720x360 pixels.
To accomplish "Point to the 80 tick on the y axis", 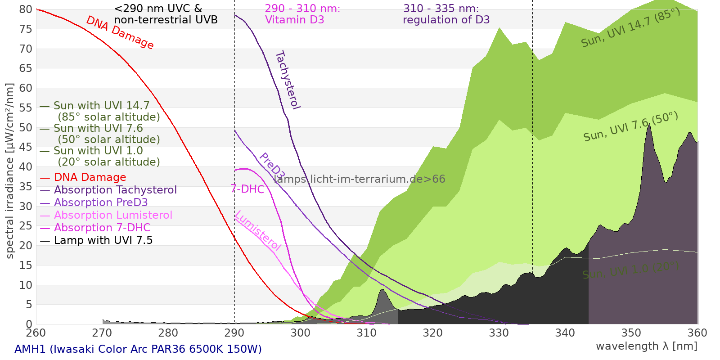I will [26, 9].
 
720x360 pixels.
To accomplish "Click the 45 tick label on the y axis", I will [26, 147].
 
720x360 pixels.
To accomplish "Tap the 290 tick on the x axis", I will [234, 333].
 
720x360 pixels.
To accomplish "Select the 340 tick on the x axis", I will [565, 333].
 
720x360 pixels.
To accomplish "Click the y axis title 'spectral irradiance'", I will [10, 171].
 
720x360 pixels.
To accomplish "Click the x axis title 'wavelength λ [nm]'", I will [646, 346].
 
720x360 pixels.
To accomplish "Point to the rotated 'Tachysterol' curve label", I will [287, 80].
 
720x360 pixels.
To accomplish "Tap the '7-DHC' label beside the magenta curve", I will [247, 189].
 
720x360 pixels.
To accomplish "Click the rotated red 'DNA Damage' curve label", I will [120, 32].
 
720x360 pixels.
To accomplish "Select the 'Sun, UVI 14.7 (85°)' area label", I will [630, 28].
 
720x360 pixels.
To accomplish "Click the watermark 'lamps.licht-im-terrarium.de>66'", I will [359, 179].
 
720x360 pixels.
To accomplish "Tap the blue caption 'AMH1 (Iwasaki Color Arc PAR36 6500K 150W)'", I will [138, 349].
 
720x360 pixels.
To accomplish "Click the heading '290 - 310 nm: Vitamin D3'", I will [302, 14].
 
